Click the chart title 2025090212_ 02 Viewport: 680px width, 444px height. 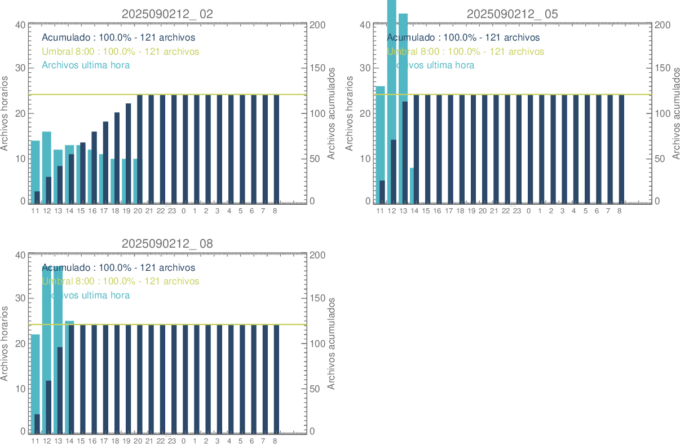(x=167, y=14)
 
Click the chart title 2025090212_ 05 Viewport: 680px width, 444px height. (x=512, y=14)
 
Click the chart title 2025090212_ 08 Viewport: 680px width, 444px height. (x=167, y=244)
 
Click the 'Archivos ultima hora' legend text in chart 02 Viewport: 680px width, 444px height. (x=86, y=65)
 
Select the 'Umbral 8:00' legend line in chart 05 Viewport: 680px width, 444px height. (x=466, y=51)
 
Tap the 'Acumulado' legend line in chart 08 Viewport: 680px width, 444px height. (x=118, y=267)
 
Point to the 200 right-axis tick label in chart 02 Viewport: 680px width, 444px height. (x=317, y=25)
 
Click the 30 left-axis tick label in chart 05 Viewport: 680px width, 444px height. (x=365, y=68)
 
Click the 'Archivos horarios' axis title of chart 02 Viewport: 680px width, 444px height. (x=5, y=113)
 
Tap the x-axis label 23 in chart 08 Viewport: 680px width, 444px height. (x=172, y=441)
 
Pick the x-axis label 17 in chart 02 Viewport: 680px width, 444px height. (x=104, y=211)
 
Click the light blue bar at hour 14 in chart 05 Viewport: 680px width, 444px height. (x=412, y=185)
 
